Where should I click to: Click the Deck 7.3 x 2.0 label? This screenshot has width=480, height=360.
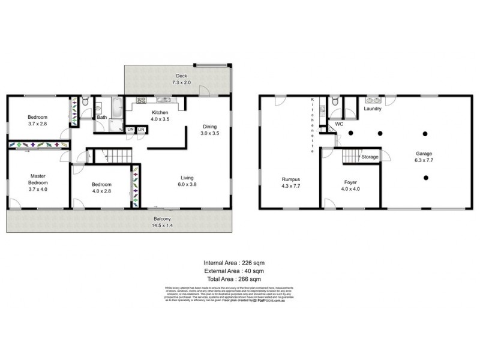[x=181, y=79]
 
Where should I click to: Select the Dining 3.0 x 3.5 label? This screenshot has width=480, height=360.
[x=210, y=130]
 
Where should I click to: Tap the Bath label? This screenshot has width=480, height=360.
[x=102, y=118]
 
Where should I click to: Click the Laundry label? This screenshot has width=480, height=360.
[x=373, y=109]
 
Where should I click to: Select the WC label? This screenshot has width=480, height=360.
[x=338, y=124]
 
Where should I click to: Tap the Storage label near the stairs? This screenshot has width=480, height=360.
[x=370, y=157]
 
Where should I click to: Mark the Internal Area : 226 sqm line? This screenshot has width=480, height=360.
[x=235, y=263]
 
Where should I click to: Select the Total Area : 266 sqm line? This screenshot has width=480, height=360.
[x=235, y=280]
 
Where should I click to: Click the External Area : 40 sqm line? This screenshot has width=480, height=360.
[x=235, y=271]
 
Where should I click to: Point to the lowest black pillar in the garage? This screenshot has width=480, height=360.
[x=425, y=177]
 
